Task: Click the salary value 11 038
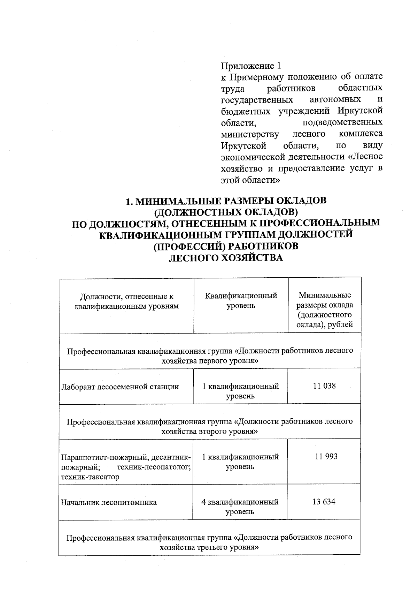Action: coord(324,386)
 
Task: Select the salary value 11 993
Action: coord(326,456)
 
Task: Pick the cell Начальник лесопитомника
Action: coord(109,502)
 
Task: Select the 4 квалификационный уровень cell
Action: coord(240,507)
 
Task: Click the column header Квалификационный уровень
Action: coord(241,300)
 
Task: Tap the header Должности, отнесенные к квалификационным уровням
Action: coord(126,301)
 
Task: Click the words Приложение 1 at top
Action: coord(250,66)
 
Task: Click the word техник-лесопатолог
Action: coord(154,467)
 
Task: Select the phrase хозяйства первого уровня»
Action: coord(210,360)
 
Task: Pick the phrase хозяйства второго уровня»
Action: coord(209,431)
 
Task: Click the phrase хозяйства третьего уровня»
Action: coord(209,547)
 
